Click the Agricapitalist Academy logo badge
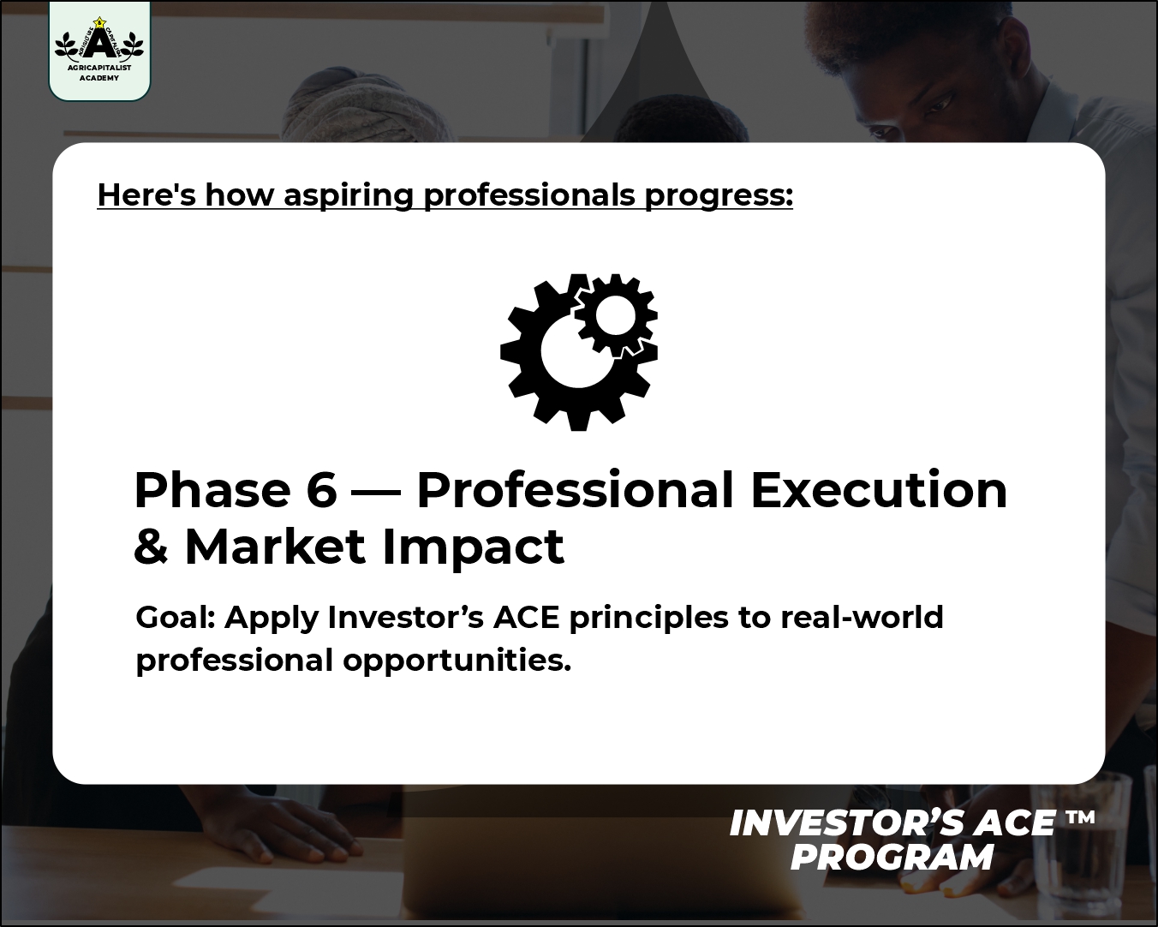coord(99,51)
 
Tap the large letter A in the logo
coord(98,43)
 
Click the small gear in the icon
coord(617,315)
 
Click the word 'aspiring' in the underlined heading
coord(349,195)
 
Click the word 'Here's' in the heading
coord(146,194)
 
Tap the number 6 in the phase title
coord(322,489)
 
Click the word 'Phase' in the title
coord(212,489)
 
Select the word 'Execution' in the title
coord(879,489)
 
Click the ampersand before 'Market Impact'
coord(152,547)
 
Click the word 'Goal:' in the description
coord(176,618)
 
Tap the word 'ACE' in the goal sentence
coord(526,618)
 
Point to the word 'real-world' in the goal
coord(862,617)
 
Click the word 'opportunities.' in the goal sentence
coord(457,661)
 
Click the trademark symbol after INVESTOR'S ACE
coord(1080,817)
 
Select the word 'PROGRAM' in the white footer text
coord(892,858)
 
